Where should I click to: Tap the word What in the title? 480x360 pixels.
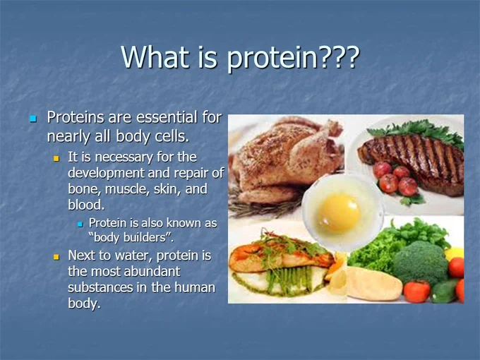pyautogui.click(x=155, y=56)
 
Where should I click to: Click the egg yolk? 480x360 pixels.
pyautogui.click(x=339, y=213)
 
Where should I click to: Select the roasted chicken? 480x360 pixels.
pyautogui.click(x=286, y=162)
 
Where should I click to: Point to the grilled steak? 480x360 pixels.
pyautogui.click(x=412, y=162)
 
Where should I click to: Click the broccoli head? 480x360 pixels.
pyautogui.click(x=421, y=263)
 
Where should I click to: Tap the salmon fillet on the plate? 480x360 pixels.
pyautogui.click(x=282, y=256)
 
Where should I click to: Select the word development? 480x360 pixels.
pyautogui.click(x=106, y=173)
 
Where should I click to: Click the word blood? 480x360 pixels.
pyautogui.click(x=86, y=205)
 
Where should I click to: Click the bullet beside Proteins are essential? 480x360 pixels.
pyautogui.click(x=33, y=119)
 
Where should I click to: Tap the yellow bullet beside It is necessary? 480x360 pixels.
pyautogui.click(x=56, y=159)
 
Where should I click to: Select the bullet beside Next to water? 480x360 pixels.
pyautogui.click(x=56, y=256)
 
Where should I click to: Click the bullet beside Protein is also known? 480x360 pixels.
pyautogui.click(x=80, y=224)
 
